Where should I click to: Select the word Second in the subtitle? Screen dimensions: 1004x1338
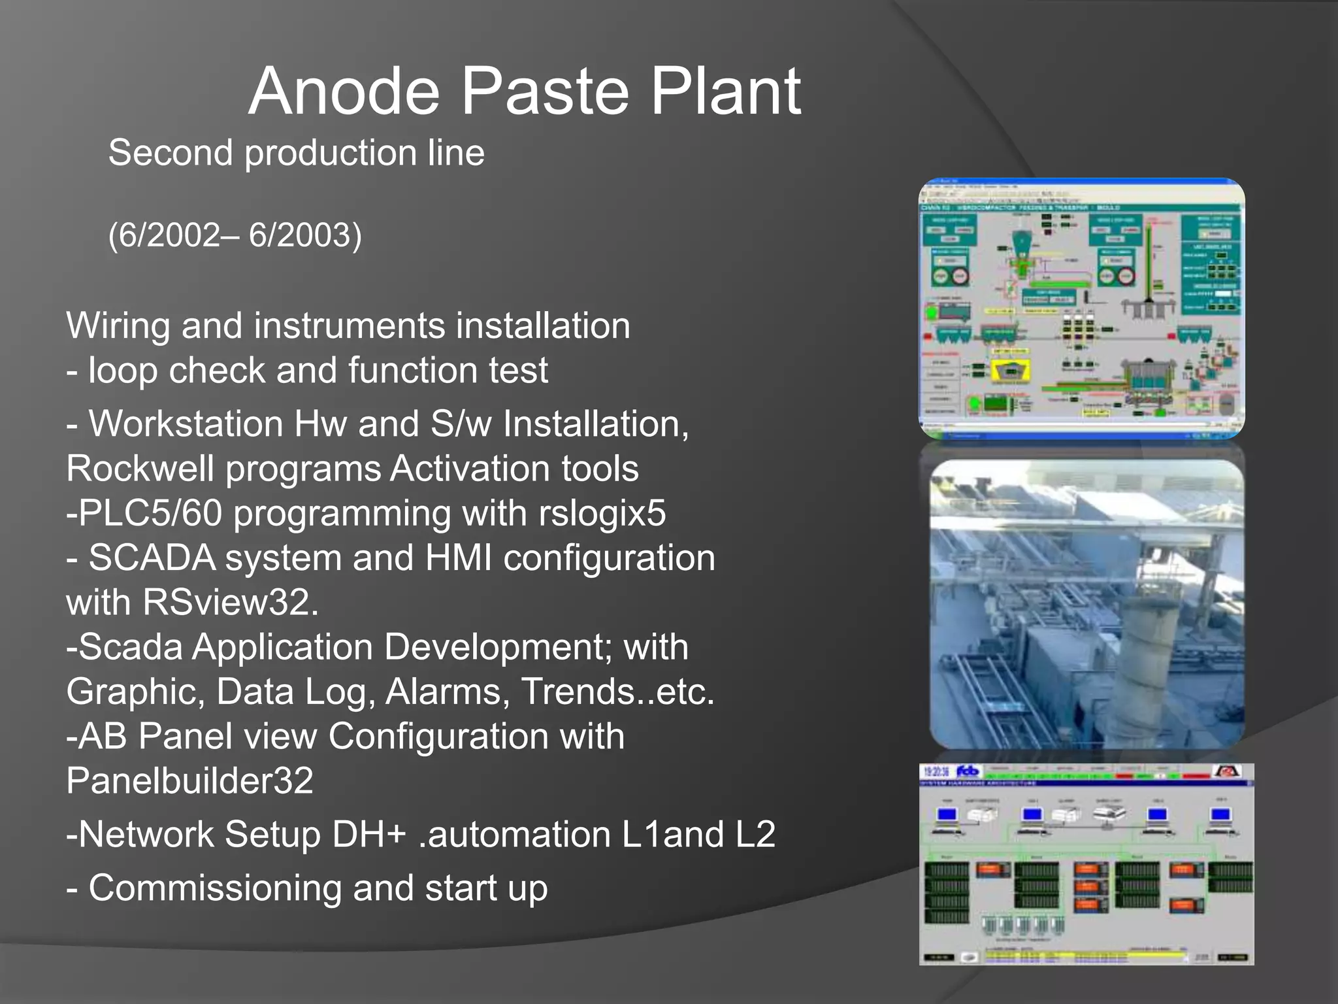pos(171,153)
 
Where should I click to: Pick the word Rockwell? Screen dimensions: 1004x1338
pos(140,469)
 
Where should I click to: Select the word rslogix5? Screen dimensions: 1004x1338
pos(602,513)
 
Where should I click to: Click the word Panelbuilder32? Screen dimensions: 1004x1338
pos(189,780)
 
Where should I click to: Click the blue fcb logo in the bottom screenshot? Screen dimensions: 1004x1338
pos(968,771)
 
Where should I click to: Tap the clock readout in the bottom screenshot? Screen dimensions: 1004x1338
pos(936,772)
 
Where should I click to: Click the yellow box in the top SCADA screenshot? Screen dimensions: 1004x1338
pos(1010,371)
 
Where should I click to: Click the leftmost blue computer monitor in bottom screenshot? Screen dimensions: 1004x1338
pos(947,815)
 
